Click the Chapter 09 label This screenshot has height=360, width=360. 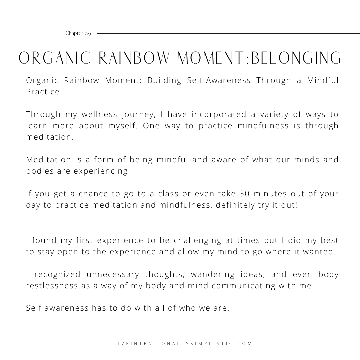click(x=78, y=33)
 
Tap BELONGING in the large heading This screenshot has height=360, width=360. click(x=296, y=58)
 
